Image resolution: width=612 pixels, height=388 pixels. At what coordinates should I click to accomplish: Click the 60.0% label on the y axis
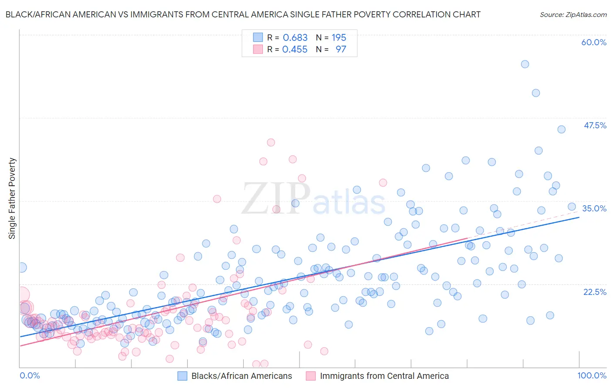[594, 42]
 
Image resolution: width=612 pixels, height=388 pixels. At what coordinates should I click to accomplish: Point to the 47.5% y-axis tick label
[595, 125]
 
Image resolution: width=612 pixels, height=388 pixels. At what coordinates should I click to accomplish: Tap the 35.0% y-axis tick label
[594, 208]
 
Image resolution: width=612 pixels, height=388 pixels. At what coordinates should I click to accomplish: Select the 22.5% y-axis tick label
[595, 292]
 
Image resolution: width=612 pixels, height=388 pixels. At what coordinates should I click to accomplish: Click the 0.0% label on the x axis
[30, 375]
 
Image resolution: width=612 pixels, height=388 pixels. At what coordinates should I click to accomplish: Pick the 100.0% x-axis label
[592, 375]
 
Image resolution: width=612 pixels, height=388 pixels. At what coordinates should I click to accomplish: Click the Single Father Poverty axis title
[12, 198]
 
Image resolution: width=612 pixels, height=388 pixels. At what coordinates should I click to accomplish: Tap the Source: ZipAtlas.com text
[573, 14]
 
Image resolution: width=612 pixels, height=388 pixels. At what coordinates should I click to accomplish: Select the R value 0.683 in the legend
[295, 38]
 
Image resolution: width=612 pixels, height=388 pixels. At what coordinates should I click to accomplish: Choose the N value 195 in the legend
[339, 38]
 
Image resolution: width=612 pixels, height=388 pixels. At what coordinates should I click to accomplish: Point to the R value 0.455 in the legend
[295, 50]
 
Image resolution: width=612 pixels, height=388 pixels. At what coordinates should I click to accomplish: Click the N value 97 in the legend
[341, 50]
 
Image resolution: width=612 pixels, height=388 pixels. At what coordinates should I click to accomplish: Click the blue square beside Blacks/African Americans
[182, 376]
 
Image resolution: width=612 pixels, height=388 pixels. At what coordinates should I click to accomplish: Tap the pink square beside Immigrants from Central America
[311, 376]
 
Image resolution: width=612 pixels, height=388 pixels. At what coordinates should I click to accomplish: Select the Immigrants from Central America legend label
[384, 376]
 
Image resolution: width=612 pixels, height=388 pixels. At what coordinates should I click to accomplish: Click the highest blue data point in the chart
[525, 64]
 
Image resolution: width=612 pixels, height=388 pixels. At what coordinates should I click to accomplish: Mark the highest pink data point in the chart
[271, 142]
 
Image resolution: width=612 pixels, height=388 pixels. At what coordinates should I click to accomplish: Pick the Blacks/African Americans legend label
[242, 376]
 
